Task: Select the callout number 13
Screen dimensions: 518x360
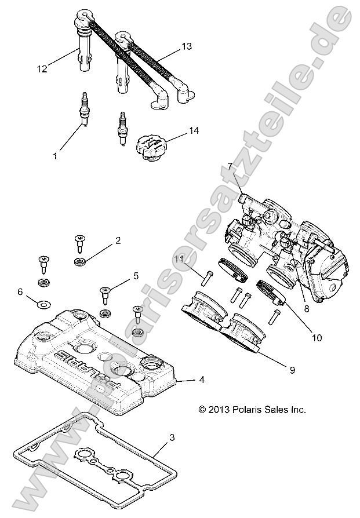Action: pyautogui.click(x=186, y=45)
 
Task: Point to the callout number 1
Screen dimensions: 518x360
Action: pyautogui.click(x=55, y=155)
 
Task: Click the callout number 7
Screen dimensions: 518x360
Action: pyautogui.click(x=230, y=166)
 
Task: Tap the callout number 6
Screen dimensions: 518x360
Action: pyautogui.click(x=20, y=292)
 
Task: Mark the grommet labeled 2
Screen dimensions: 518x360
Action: pyautogui.click(x=79, y=262)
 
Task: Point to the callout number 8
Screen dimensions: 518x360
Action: pyautogui.click(x=306, y=309)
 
